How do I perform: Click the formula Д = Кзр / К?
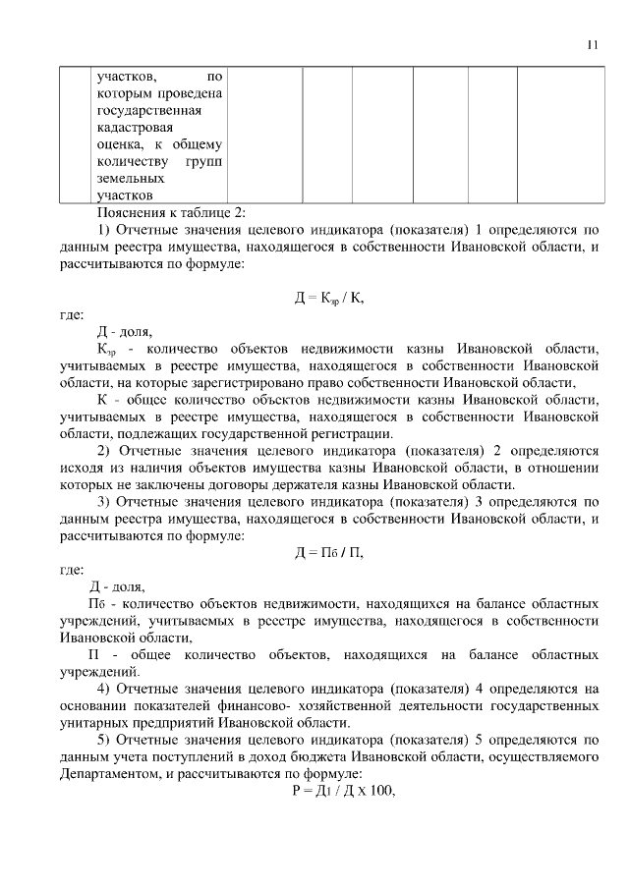(x=334, y=296)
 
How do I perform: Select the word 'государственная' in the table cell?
(x=146, y=110)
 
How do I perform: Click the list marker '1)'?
(x=103, y=230)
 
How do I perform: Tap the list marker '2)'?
(x=103, y=450)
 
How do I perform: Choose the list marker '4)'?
(x=103, y=688)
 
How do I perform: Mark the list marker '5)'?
(x=103, y=739)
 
